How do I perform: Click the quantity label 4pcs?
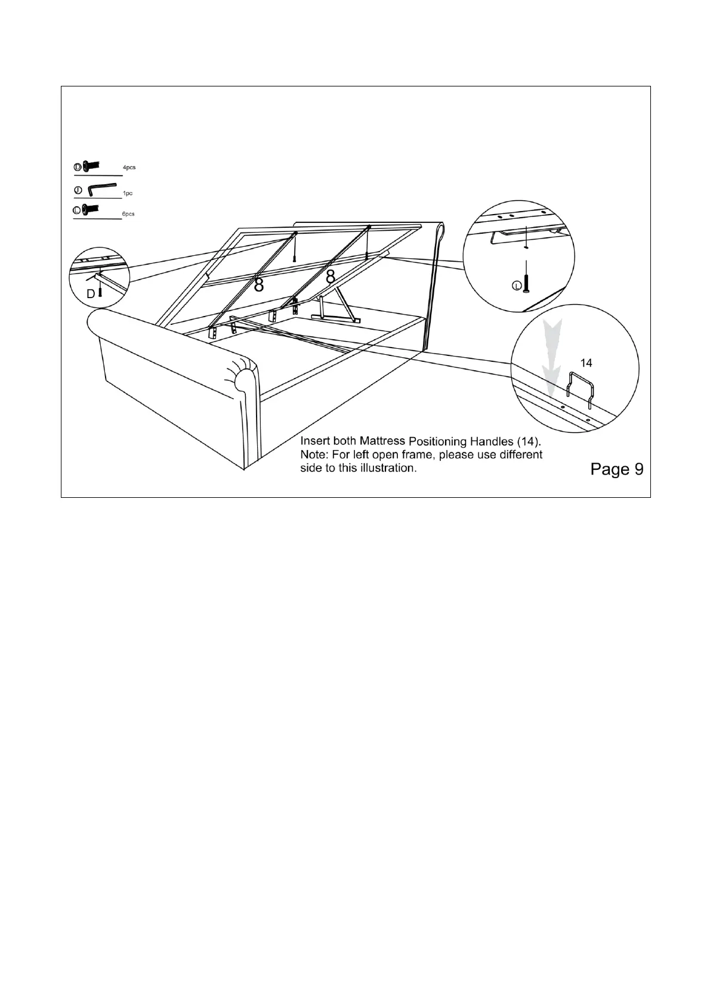(x=129, y=168)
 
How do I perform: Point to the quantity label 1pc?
(x=128, y=194)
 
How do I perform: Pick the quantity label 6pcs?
(x=128, y=214)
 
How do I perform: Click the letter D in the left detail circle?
(x=90, y=294)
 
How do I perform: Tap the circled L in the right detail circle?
(x=517, y=286)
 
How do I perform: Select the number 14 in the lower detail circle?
(x=586, y=362)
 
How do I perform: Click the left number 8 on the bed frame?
(x=259, y=284)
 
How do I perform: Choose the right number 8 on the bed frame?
(x=330, y=277)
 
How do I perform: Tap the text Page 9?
(x=616, y=469)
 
